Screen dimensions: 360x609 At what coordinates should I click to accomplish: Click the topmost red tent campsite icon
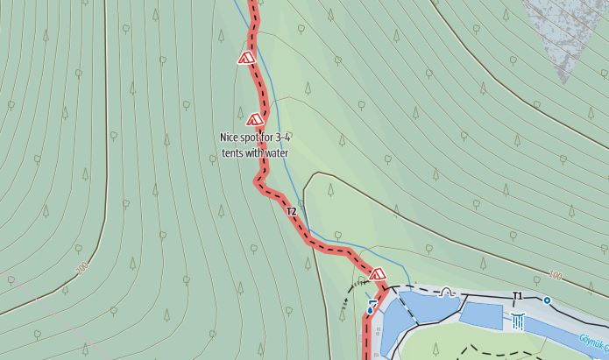(x=246, y=59)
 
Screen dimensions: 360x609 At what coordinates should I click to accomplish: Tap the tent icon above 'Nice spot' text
(x=255, y=118)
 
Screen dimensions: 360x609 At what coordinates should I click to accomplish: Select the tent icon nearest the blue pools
(x=378, y=274)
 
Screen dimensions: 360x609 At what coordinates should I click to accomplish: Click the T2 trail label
(x=291, y=211)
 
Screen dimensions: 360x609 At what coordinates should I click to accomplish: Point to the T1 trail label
(x=517, y=296)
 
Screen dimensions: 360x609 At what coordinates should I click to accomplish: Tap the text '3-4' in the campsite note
(x=282, y=138)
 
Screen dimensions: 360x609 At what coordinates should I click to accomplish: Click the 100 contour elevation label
(x=554, y=276)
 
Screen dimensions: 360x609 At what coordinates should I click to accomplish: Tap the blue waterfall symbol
(x=519, y=322)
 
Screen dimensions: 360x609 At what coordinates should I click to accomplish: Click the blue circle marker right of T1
(x=547, y=300)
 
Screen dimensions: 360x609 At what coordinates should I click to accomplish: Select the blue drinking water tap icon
(x=371, y=308)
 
